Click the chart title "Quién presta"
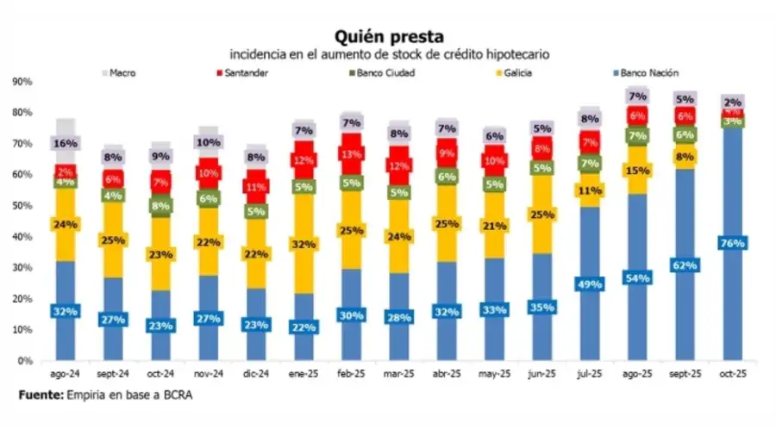point(390,36)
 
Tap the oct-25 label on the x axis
point(732,375)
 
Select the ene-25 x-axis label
point(304,375)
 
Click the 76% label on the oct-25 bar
point(732,244)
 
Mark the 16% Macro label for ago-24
point(66,144)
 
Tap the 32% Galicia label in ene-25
point(304,244)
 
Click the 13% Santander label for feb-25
point(351,155)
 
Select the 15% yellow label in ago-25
point(637,171)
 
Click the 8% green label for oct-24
point(161,207)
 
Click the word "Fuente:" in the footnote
point(41,395)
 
